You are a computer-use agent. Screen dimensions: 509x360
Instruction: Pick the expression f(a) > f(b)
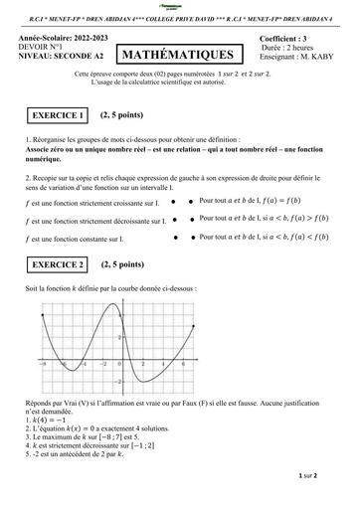(x=317, y=219)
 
